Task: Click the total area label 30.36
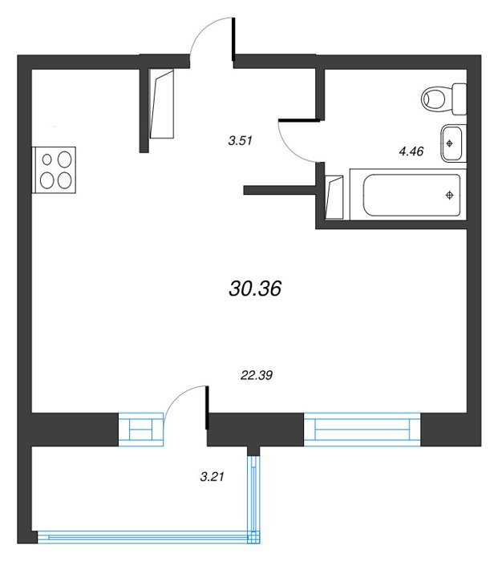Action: click(x=255, y=289)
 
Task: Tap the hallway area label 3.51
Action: click(x=241, y=140)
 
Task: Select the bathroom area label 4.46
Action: click(x=411, y=151)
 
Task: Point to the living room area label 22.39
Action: click(x=257, y=375)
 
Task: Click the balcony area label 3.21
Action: click(x=212, y=477)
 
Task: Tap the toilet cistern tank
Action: click(x=459, y=99)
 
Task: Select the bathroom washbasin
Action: click(x=453, y=143)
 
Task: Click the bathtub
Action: click(x=408, y=194)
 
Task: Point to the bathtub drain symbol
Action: click(x=450, y=195)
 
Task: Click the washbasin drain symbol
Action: click(x=449, y=143)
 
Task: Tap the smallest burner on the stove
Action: click(x=47, y=159)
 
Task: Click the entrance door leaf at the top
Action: click(x=233, y=39)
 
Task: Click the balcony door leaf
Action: click(x=207, y=407)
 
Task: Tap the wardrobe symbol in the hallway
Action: click(x=162, y=104)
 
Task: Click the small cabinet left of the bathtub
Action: click(x=334, y=197)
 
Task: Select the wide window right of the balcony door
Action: click(x=362, y=430)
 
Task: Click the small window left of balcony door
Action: click(x=140, y=430)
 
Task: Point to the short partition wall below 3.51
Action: click(x=279, y=190)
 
